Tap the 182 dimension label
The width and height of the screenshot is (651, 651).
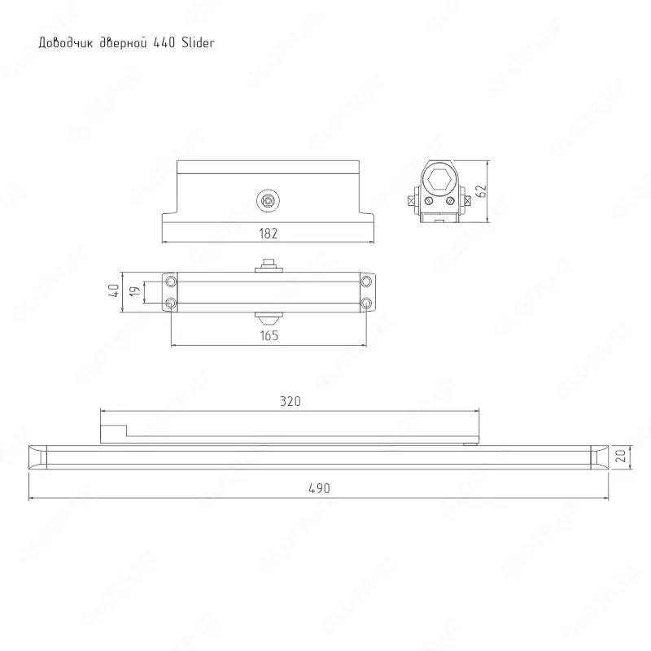pos(269,233)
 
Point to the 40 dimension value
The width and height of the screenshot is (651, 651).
pos(115,290)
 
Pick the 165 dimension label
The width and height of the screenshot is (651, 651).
pos(269,335)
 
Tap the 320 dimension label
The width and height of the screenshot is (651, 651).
pos(291,401)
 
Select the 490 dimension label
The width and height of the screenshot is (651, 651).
pos(318,488)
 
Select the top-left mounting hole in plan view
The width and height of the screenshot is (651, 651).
pos(171,281)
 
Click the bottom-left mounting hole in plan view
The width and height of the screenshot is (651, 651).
pos(171,304)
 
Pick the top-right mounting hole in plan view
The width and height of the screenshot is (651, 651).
pos(366,281)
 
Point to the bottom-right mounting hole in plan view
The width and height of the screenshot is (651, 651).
pos(366,304)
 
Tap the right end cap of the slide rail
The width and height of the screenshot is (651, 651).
pos(597,457)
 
